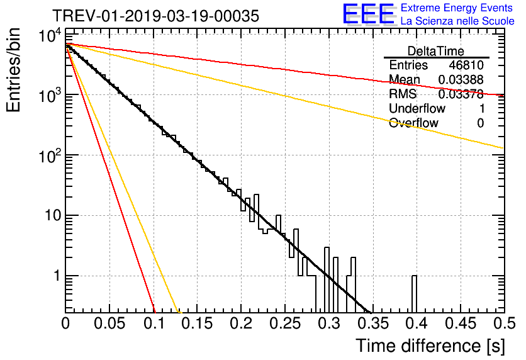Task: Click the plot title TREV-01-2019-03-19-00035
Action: (x=155, y=16)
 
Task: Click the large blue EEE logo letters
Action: (x=368, y=14)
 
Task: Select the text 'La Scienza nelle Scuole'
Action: (x=457, y=21)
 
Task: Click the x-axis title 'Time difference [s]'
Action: (x=429, y=346)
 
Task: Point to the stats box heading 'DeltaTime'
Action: (x=436, y=51)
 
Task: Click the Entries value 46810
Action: (x=466, y=65)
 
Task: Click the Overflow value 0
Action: (x=480, y=123)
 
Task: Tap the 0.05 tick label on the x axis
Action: (x=110, y=323)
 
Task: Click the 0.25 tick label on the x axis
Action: (x=285, y=323)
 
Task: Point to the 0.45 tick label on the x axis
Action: (x=460, y=323)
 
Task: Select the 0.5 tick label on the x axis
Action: (x=503, y=323)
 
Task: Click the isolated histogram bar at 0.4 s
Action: (x=414, y=293)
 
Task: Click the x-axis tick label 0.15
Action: (x=198, y=323)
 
